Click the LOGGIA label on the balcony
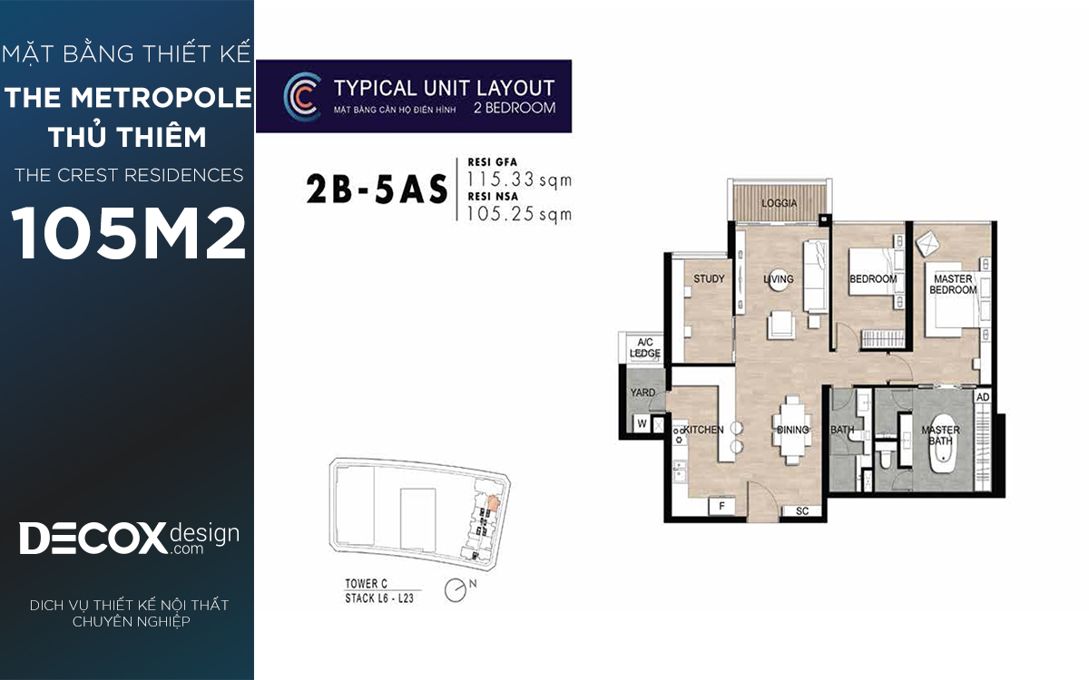(779, 203)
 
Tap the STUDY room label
(709, 279)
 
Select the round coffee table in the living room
(779, 280)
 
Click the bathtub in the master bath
(943, 443)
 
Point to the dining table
(792, 430)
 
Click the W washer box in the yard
(642, 423)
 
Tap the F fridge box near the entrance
(722, 506)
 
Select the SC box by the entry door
(802, 511)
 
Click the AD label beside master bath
(983, 397)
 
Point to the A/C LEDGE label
(645, 348)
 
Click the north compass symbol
(456, 590)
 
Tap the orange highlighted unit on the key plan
(493, 502)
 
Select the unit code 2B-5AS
(377, 189)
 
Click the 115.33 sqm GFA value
(519, 180)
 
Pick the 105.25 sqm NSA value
(519, 214)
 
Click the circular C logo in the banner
(302, 97)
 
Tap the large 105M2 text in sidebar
(128, 233)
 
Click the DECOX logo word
(93, 539)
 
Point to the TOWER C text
(366, 583)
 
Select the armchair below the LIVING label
(781, 325)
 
